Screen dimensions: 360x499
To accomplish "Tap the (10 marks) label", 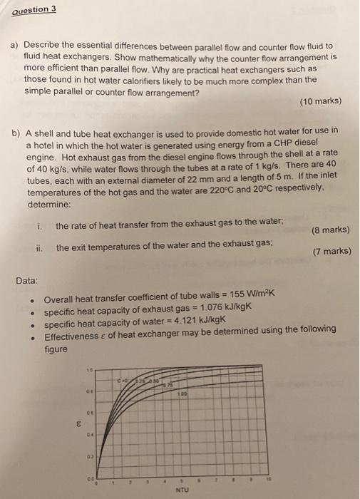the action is click(322, 101).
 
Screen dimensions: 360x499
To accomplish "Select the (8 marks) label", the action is click(330, 230).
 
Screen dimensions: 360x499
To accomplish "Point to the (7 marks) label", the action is click(331, 251).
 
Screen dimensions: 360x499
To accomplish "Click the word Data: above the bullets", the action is click(29, 281).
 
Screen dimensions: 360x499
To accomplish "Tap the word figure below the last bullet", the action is click(56, 349).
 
